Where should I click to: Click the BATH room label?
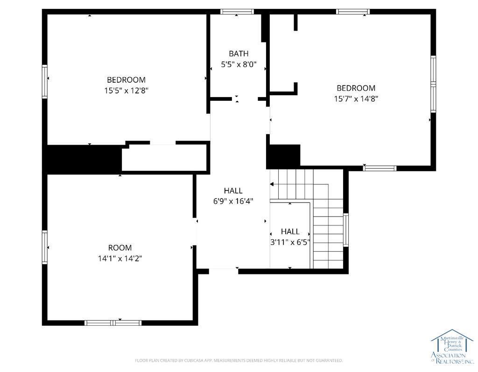click(x=239, y=54)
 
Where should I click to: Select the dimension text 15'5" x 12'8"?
click(x=126, y=91)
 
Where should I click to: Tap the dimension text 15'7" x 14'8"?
click(x=356, y=99)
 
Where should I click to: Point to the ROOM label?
click(x=120, y=248)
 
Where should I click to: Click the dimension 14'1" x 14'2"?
click(x=120, y=259)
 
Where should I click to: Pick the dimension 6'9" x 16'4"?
click(x=233, y=202)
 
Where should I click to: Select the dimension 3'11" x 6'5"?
click(x=290, y=242)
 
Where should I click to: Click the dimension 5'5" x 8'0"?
click(x=239, y=65)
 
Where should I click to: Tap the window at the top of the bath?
click(x=237, y=12)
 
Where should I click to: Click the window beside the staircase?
click(x=346, y=230)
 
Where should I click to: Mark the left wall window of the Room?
click(x=45, y=247)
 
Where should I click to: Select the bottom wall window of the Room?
click(x=113, y=323)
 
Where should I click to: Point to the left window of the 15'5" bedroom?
click(x=45, y=81)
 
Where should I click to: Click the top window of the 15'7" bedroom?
click(x=353, y=12)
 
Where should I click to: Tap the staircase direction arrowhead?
click(x=272, y=185)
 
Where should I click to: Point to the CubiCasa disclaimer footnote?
click(x=239, y=360)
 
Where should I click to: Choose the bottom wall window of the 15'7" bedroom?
click(x=380, y=168)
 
